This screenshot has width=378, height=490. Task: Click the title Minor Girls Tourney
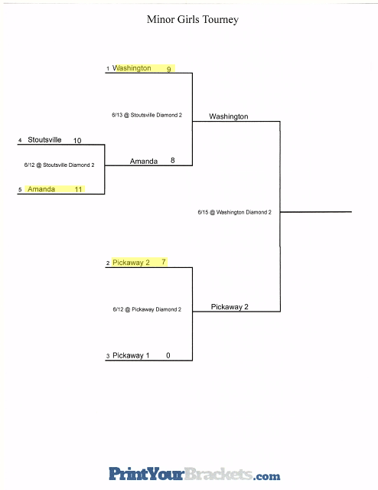coord(193,20)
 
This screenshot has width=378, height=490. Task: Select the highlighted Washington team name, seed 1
coord(132,68)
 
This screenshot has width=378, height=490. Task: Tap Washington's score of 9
coord(168,69)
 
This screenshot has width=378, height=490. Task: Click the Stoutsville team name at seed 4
coord(44,139)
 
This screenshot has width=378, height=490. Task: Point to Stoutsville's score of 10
coord(77,141)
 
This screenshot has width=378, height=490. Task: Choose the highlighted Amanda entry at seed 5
coord(41,189)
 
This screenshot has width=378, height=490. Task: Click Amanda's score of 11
coord(78,189)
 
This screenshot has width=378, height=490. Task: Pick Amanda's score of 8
coord(172,160)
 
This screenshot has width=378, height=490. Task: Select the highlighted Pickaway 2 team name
coord(131,263)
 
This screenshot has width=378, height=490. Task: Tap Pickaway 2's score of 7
coord(164,262)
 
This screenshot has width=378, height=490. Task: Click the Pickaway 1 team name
coord(131,355)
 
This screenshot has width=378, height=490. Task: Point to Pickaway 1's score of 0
coord(168,355)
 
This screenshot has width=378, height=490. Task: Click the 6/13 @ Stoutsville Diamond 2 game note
coord(147,115)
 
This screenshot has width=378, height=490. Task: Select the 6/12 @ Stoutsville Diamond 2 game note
coord(59,165)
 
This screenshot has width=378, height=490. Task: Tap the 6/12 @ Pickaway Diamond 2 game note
coord(147,309)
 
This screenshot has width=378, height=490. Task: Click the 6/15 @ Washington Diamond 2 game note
coord(234,212)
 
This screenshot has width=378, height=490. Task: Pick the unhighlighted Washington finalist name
coord(229,116)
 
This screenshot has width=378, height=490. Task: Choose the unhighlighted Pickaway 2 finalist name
coord(230,307)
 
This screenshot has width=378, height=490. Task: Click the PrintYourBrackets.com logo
coord(194,474)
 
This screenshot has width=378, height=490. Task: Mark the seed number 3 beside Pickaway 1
coord(108,356)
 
